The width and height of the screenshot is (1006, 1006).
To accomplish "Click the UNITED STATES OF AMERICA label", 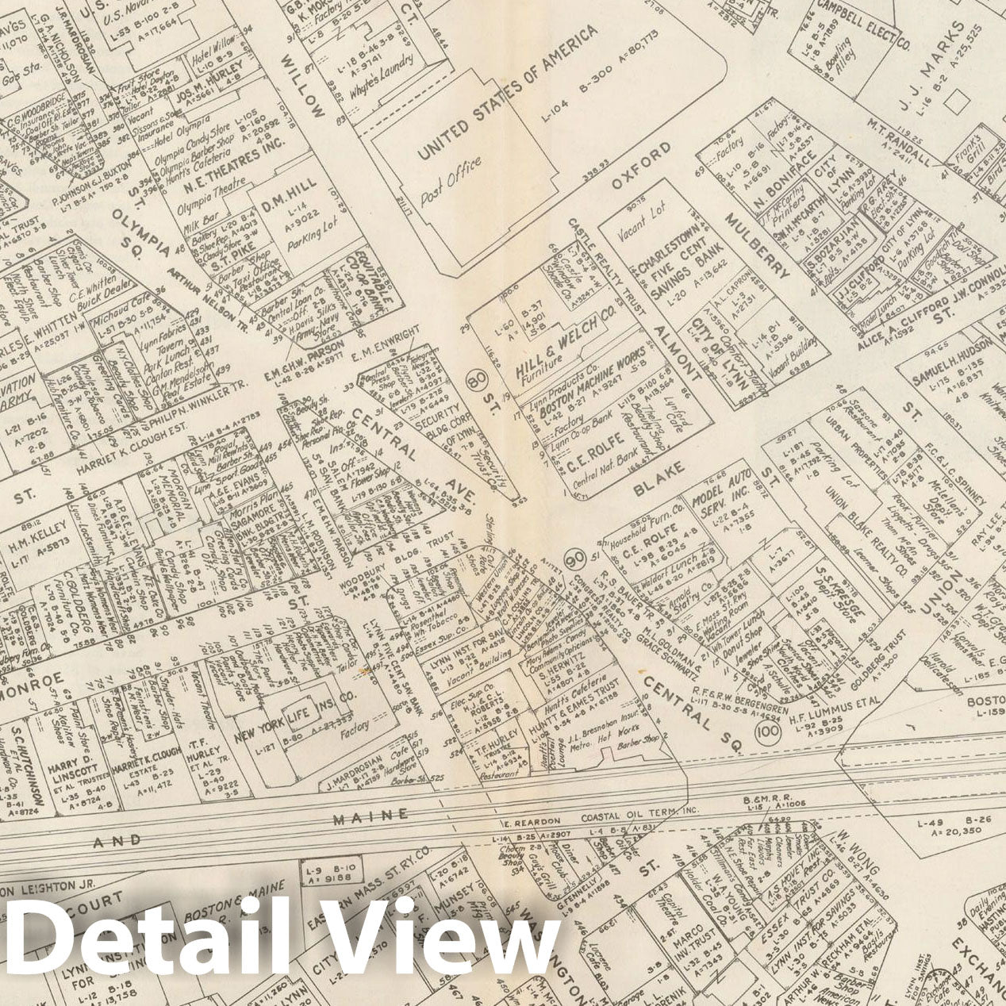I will click(508, 92).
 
